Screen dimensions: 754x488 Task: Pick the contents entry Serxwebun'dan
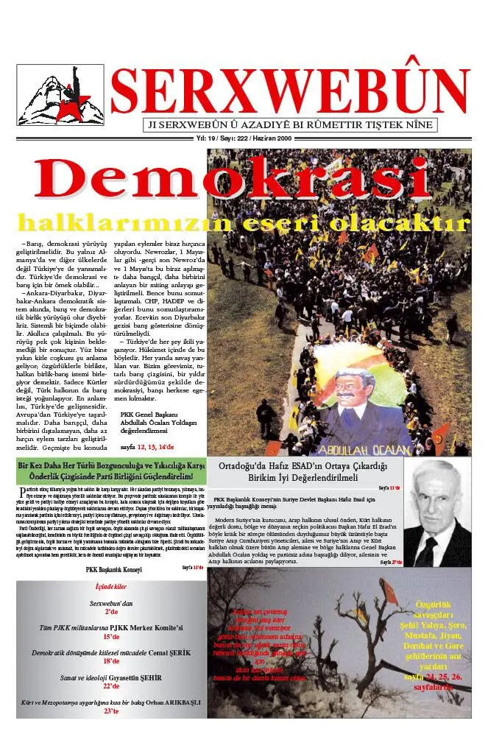111,603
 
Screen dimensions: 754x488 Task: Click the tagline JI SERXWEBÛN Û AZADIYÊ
290,125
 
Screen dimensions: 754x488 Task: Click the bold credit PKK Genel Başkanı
149,414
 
